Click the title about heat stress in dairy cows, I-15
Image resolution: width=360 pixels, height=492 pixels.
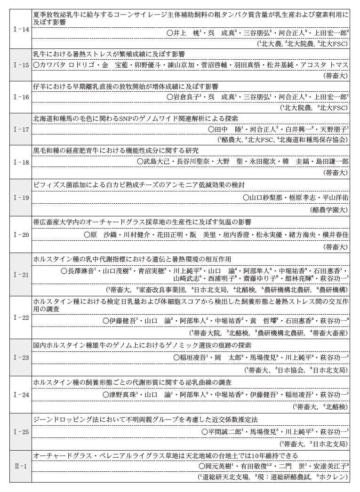click(109, 54)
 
